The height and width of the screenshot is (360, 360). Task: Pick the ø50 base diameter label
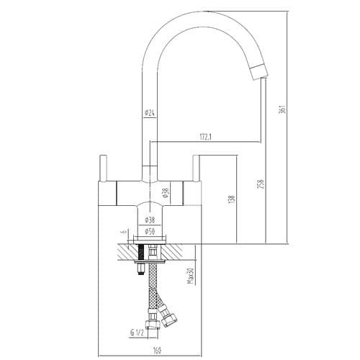pyautogui.click(x=150, y=231)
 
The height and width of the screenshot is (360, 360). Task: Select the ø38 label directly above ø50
pyautogui.click(x=150, y=218)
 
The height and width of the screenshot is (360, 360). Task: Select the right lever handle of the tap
pyautogui.click(x=194, y=172)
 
